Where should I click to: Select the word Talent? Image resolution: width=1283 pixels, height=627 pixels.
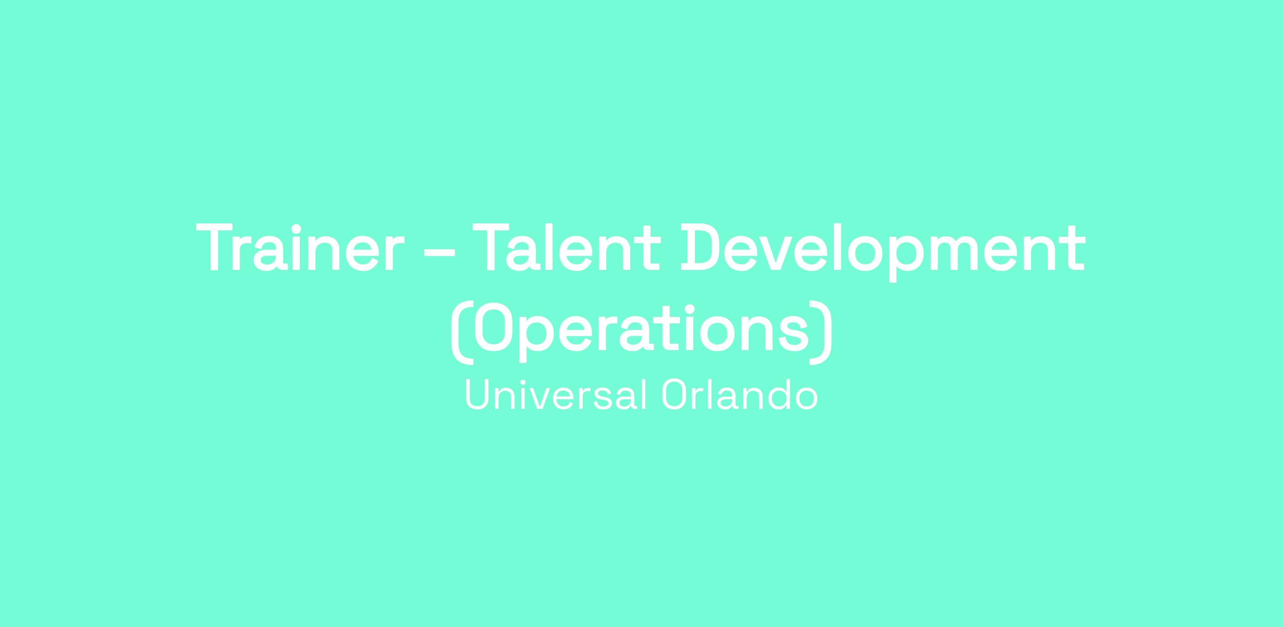567,248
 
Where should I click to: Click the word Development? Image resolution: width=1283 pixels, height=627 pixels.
883,251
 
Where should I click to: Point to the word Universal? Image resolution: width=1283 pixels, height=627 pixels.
557,395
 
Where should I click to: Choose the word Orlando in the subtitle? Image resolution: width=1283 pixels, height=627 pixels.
740,395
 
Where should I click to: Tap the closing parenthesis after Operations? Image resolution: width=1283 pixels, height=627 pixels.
821,333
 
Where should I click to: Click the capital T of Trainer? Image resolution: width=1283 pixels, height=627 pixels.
217,248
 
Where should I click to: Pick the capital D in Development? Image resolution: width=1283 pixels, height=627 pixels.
700,248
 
